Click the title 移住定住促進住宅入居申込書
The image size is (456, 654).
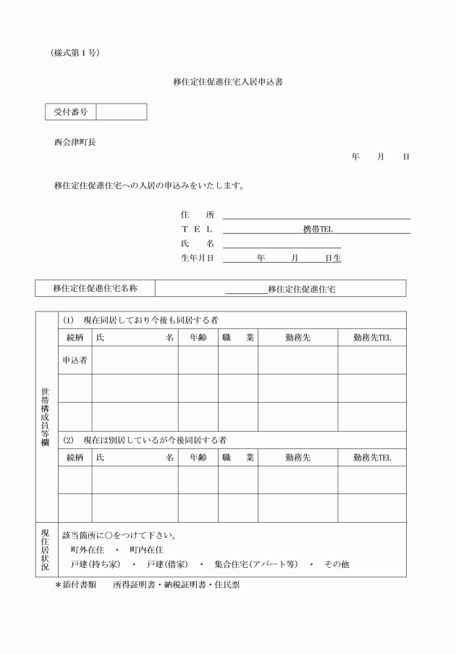[227, 83]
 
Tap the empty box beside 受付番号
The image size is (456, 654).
[121, 112]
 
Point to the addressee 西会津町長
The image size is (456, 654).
[75, 142]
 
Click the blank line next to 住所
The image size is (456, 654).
[316, 214]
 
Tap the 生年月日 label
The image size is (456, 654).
[198, 257]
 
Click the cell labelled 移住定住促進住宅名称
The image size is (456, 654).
[95, 288]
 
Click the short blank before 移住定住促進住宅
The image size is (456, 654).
[246, 290]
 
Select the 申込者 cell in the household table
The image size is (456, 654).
[75, 360]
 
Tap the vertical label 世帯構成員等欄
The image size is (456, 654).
[46, 416]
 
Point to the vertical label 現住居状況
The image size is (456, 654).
[46, 550]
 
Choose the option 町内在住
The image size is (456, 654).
[146, 550]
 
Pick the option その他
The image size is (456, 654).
[337, 564]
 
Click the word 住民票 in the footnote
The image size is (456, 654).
[224, 584]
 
